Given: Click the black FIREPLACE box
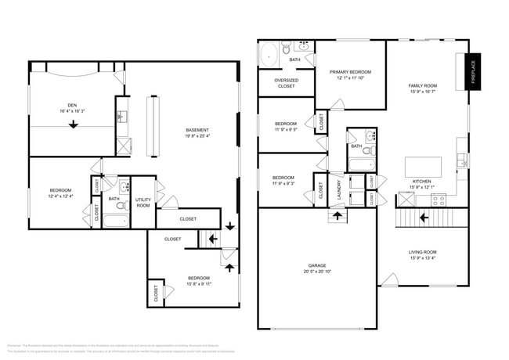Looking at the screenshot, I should coord(473,73).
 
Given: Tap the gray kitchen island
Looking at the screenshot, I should coord(423,167).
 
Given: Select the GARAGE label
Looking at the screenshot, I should coord(317,265).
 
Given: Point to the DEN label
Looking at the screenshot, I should coord(71,105).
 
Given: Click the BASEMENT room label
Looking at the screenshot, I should coord(197,130).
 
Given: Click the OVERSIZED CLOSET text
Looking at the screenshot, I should coord(286,83).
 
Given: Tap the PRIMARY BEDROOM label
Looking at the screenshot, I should coord(350,72).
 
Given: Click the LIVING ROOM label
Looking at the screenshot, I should coord(422,252).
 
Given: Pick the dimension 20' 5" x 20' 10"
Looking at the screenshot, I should coord(317,272).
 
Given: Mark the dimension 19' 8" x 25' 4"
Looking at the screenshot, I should coord(197,137).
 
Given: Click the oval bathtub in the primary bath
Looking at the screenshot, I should coord(268,56).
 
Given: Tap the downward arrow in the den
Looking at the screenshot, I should coord(73,131).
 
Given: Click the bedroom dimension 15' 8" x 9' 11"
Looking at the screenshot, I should coord(198,284).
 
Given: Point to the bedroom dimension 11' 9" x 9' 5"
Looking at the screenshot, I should coord(285,130).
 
